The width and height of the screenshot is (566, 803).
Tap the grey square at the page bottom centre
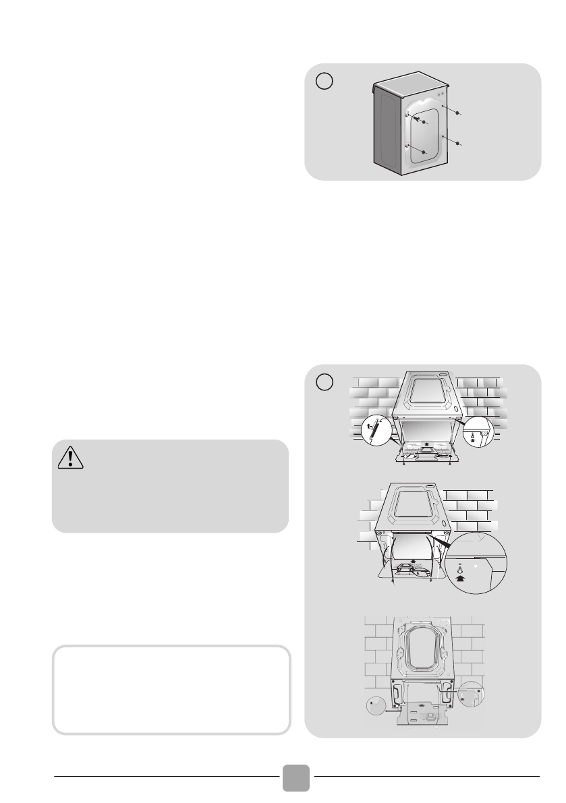pos(296,778)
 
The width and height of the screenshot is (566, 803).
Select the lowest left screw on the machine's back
pos(423,153)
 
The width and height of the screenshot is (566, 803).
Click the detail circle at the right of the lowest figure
pos(471,694)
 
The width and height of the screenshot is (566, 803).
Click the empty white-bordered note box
pos(171,690)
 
